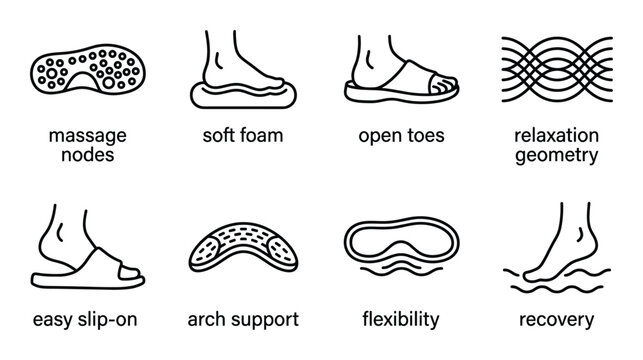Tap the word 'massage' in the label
pyautogui.click(x=81, y=135)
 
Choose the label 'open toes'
pyautogui.click(x=401, y=135)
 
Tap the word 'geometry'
pyautogui.click(x=561, y=155)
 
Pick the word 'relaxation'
pyautogui.click(x=561, y=135)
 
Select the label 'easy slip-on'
pyautogui.click(x=81, y=320)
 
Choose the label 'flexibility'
pyautogui.click(x=401, y=320)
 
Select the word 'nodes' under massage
pyautogui.click(x=81, y=155)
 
